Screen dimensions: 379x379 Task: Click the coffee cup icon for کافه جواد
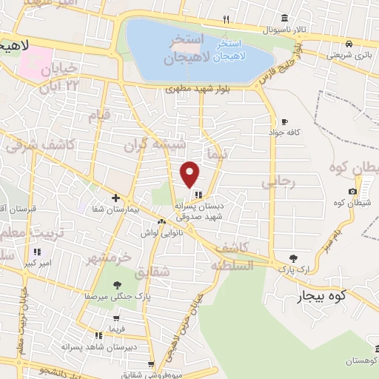284,121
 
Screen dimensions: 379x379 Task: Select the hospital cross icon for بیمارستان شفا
115,198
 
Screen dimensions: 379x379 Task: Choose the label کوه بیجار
299,298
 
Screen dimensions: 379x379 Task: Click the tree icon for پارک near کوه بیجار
294,258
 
